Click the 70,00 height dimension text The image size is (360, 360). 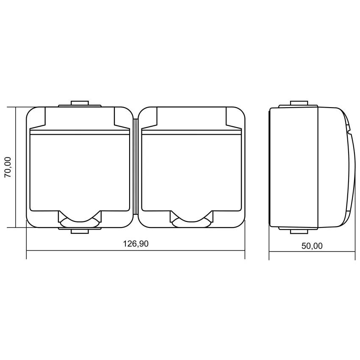coord(8,167)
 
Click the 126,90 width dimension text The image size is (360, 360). coord(136,244)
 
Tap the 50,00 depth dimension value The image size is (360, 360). coord(312,246)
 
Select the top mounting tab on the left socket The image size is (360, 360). coord(80,104)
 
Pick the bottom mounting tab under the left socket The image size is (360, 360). coord(80,230)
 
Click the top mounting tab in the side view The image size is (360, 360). coord(299,104)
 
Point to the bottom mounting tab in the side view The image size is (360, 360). coord(299,230)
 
